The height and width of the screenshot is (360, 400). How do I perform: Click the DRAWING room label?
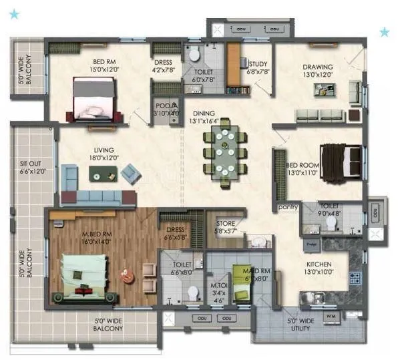(x=317, y=67)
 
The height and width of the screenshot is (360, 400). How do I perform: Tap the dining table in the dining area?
(x=225, y=152)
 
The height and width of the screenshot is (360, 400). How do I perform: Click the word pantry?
(x=288, y=208)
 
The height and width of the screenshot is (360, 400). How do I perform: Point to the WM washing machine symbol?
(x=331, y=315)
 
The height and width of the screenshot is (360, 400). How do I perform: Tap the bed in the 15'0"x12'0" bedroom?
(x=97, y=99)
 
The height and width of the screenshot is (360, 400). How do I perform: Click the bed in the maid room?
(x=240, y=276)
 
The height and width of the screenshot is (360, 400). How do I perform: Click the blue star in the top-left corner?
(x=15, y=13)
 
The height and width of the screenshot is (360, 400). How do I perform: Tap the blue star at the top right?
(x=385, y=31)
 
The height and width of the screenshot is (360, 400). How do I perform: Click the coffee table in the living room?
(x=103, y=174)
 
